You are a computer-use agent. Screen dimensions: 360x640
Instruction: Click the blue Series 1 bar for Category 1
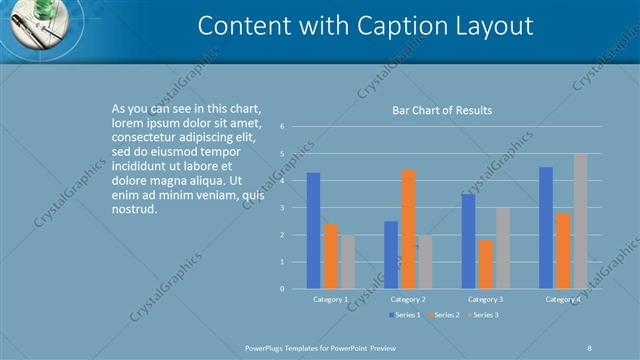313,231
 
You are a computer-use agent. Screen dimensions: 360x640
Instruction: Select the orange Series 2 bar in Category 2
408,229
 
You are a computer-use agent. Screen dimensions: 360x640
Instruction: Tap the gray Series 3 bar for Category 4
580,221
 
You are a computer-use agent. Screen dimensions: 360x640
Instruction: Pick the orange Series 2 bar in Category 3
486,264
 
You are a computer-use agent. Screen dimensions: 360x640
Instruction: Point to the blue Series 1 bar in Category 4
546,228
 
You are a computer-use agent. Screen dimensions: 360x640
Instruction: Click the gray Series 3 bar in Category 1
347,262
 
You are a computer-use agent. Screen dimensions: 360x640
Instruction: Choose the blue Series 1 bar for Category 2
391,255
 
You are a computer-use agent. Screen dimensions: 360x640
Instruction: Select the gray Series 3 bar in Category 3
503,248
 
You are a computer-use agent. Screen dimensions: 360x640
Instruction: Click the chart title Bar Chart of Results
441,110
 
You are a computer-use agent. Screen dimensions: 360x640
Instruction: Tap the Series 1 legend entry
404,315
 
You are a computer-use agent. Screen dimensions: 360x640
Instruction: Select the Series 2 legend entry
443,315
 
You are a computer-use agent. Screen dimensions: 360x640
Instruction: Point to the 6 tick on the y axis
284,127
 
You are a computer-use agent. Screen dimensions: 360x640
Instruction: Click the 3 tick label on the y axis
284,208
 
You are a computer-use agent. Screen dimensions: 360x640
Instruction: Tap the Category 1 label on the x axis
331,299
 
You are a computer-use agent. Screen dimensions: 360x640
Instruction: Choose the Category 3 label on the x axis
486,299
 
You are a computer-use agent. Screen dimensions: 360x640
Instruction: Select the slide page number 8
590,347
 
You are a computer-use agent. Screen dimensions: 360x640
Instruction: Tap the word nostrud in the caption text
135,210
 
